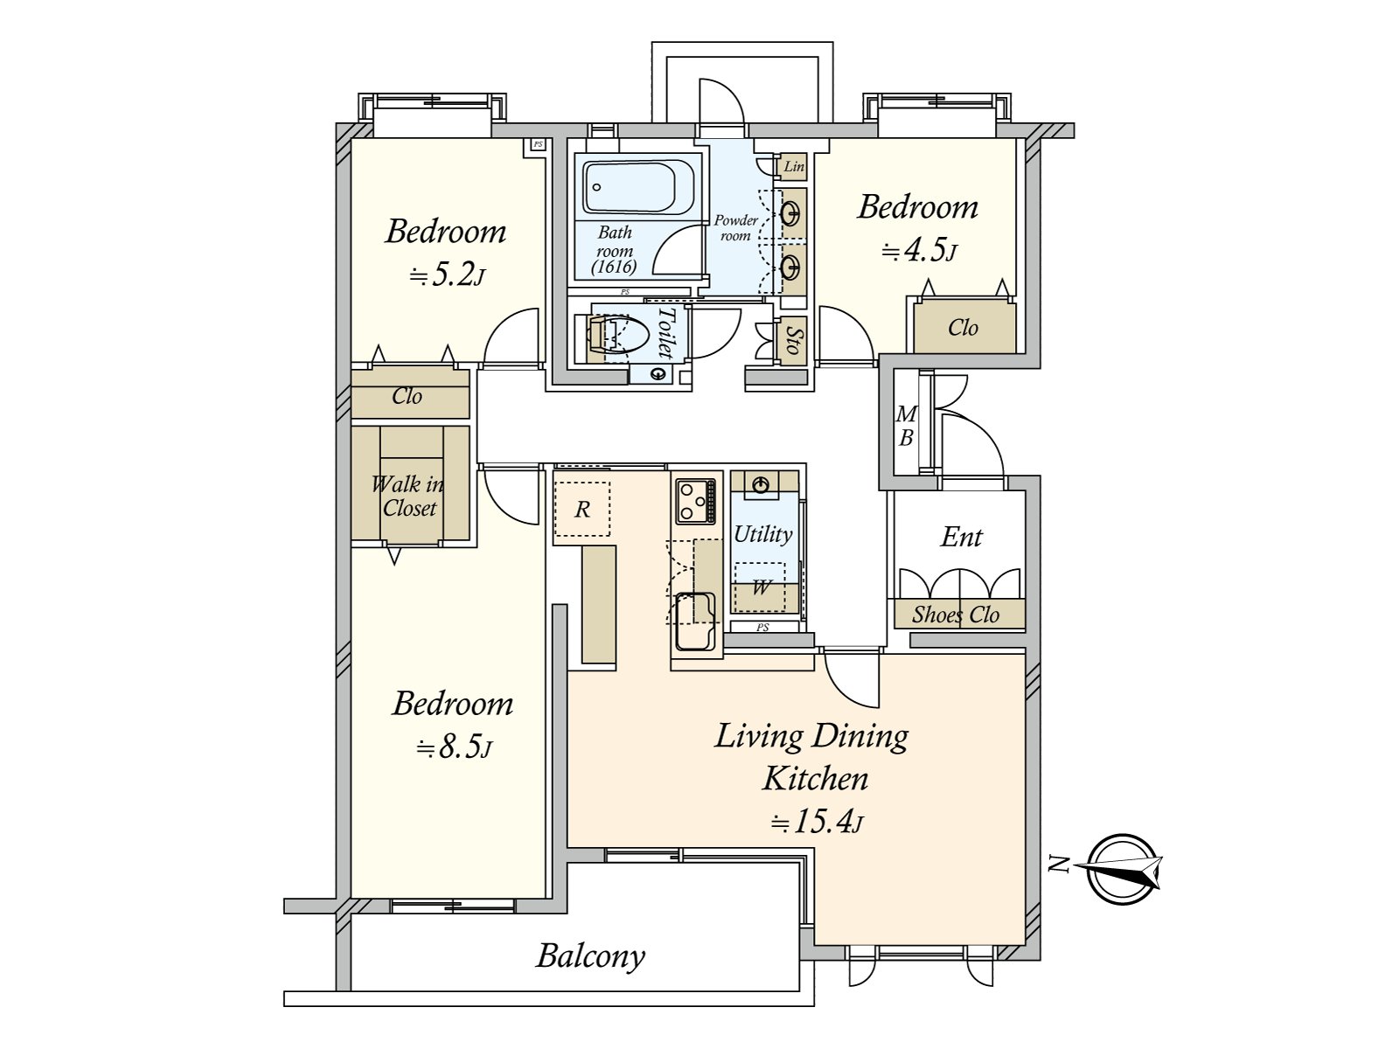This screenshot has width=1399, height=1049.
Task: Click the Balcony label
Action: pos(590,956)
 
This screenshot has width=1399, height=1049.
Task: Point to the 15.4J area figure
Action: pos(817,823)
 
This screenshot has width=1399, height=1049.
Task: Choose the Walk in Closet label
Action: pos(408,497)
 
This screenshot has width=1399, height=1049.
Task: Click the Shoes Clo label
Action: pos(956,615)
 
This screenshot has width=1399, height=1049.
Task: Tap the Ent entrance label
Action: pos(961,537)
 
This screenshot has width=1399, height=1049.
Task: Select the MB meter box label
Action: pos(906,426)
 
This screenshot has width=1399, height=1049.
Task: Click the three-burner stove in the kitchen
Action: pos(695,501)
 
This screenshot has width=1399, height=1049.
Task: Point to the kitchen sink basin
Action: pos(694,621)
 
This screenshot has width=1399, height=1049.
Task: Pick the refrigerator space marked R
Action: pos(582,509)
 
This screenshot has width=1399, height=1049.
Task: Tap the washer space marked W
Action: pos(761,587)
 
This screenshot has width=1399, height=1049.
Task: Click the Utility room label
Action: pos(763,534)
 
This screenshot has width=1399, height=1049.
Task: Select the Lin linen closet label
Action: pos(794,166)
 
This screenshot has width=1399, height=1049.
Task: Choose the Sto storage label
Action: pos(794,341)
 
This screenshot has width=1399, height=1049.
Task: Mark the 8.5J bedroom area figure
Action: pos(454,747)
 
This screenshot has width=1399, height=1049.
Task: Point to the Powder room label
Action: pos(736,228)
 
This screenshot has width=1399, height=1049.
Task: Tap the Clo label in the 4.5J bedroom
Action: pos(963,328)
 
